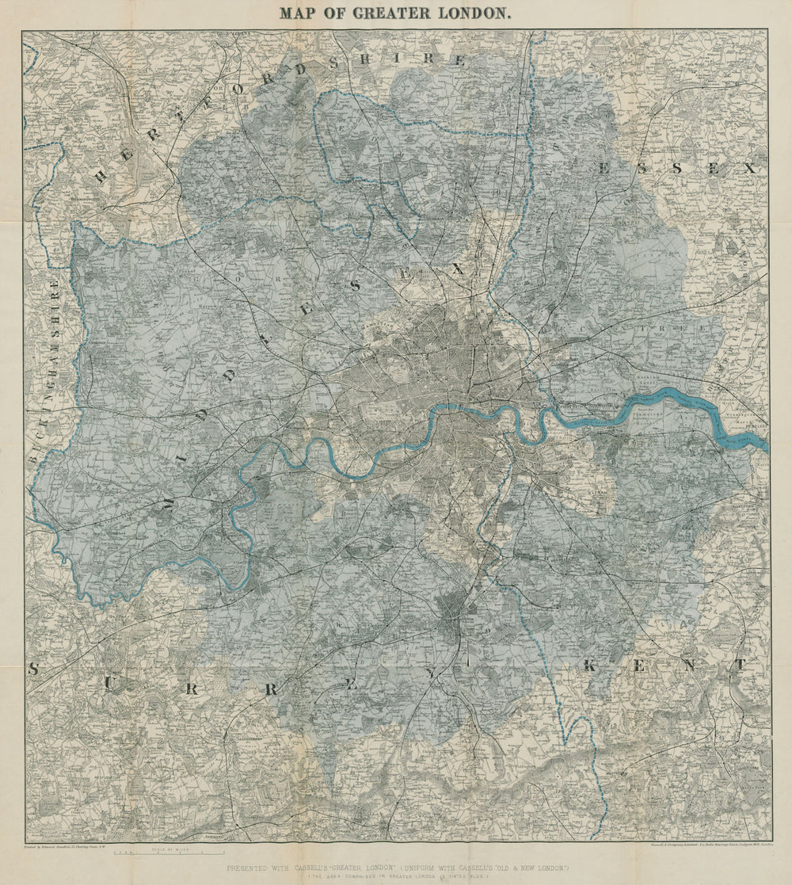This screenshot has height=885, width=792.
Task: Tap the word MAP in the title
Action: coord(298,13)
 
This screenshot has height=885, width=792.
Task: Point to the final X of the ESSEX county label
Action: coord(749,168)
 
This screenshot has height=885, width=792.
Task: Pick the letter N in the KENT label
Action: coord(690,666)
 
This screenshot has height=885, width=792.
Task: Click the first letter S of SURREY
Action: coord(33,669)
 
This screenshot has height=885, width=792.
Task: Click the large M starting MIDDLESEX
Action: coord(169,502)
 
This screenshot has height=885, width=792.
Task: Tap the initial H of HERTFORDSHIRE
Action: coord(101,176)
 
